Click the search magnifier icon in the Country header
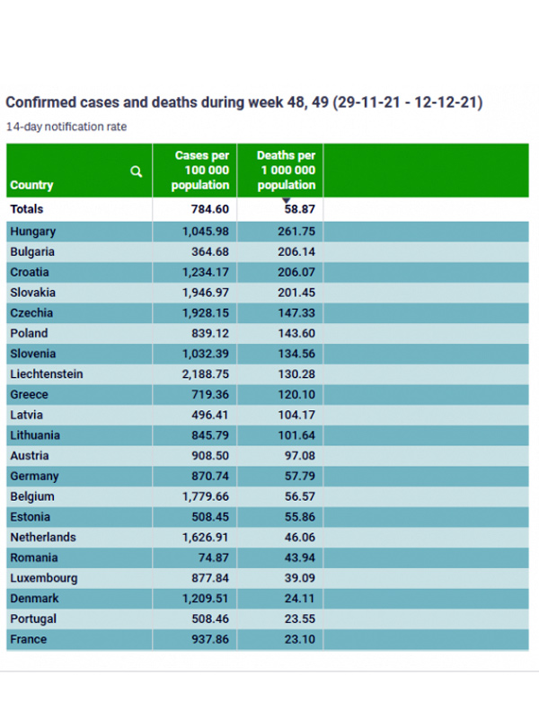pos(137,171)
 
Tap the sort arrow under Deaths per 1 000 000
pos(286,200)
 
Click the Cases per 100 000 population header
pos(202,171)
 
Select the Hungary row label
pos(33,231)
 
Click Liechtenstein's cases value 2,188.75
pos(202,373)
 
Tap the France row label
pos(29,639)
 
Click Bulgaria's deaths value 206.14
pos(296,251)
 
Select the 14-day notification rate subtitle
pos(66,127)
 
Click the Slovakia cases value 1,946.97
pos(202,292)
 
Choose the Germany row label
pos(34,476)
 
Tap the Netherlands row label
pos(43,537)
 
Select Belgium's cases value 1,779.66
pos(202,496)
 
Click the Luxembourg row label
pos(43,578)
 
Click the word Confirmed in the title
pos(40,102)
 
